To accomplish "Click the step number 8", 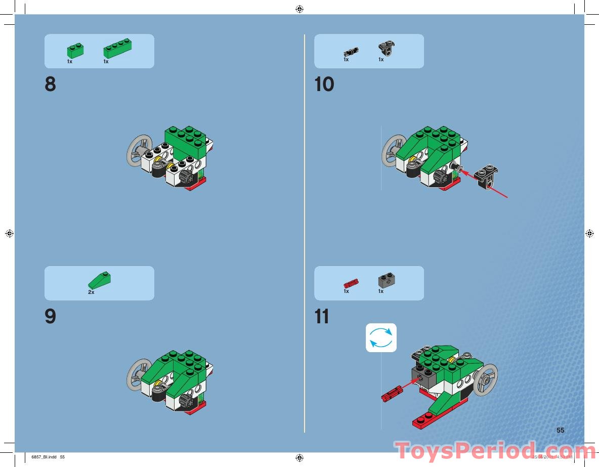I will (x=50, y=84).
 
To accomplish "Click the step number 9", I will (x=50, y=317).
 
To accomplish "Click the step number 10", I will (x=324, y=84).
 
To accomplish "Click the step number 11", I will (x=322, y=317).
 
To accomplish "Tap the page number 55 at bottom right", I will (x=560, y=430).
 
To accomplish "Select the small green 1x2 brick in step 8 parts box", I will (x=75, y=50).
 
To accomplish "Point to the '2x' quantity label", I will (x=91, y=292).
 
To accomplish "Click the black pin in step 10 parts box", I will (x=351, y=51).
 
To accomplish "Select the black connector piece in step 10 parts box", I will (x=387, y=49).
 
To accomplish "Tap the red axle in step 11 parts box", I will (x=351, y=282).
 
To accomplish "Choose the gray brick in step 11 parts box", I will (x=387, y=280).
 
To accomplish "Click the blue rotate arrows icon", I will (x=381, y=337).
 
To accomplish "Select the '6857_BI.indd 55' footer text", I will (x=49, y=457).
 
